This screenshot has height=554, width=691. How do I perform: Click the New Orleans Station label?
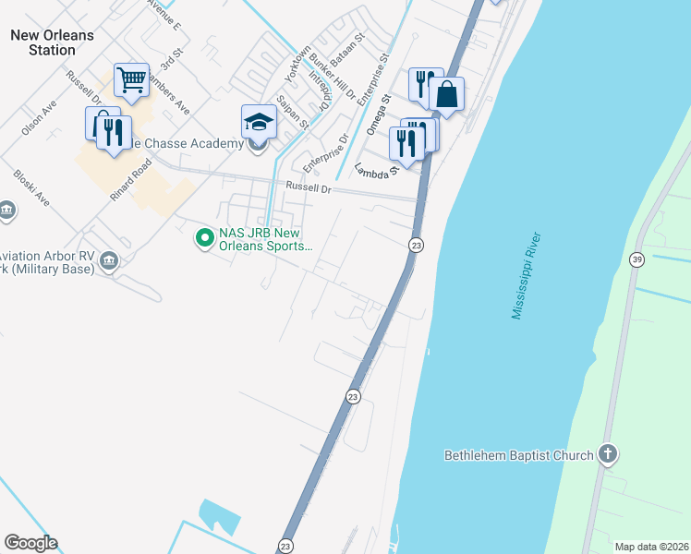tap(52, 42)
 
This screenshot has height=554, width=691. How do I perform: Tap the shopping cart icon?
tap(132, 79)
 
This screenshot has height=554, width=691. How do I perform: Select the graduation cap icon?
tap(259, 122)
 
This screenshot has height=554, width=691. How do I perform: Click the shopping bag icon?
tap(446, 94)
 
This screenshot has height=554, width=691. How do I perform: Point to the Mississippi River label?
tap(528, 276)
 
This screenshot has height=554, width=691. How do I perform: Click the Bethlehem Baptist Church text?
tap(517, 455)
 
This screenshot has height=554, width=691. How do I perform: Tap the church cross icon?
tap(607, 453)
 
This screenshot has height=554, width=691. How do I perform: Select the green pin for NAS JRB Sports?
tap(202, 239)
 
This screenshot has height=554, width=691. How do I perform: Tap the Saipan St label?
tap(293, 113)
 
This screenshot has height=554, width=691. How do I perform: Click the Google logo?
tap(30, 543)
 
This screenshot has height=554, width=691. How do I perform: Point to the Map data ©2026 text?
tap(651, 547)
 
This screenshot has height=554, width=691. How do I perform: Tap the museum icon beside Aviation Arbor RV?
tap(109, 261)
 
